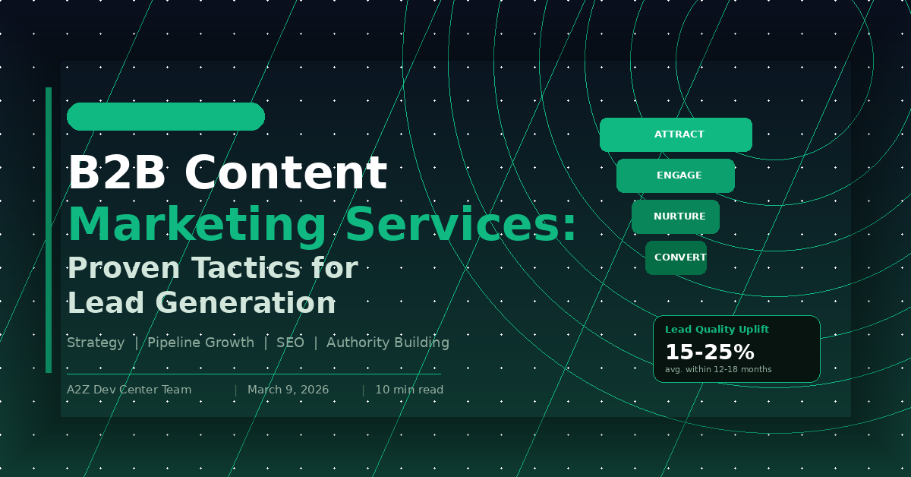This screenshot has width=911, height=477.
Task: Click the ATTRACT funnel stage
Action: [676, 134]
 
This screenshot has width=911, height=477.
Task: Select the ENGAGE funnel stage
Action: [676, 175]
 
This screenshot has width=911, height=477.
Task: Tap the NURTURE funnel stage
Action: [676, 216]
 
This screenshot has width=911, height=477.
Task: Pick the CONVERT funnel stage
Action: [676, 257]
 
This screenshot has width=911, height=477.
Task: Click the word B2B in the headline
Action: [116, 173]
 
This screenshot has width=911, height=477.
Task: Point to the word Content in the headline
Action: [285, 173]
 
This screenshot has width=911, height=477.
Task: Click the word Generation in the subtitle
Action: [246, 303]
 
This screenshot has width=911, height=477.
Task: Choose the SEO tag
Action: [290, 343]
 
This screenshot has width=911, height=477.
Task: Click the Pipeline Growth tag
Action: [200, 343]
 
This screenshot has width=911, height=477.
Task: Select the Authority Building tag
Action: [387, 343]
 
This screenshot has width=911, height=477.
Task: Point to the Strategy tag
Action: [96, 343]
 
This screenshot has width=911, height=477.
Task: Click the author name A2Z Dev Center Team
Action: [129, 390]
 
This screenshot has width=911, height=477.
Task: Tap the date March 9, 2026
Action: [288, 390]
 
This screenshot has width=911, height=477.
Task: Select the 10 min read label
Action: [409, 390]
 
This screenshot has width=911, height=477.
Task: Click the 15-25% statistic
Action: [709, 352]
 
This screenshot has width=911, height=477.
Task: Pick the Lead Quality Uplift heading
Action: [717, 330]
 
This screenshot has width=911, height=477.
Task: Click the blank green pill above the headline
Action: [165, 117]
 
